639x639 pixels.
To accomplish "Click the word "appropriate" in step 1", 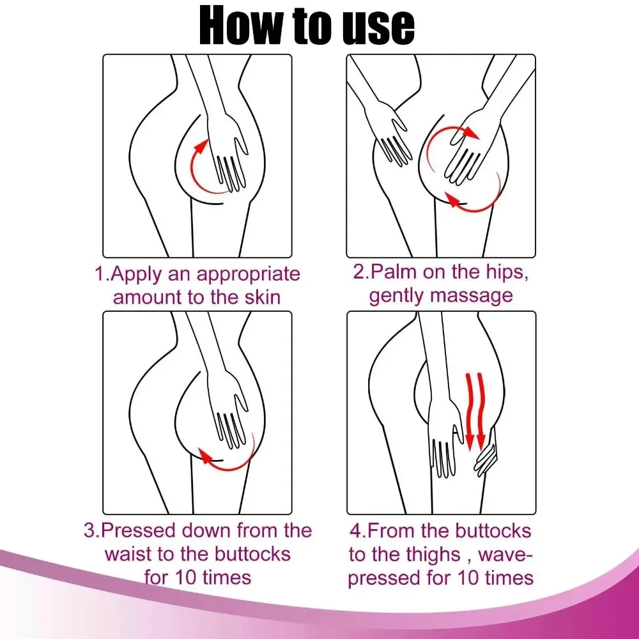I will pyautogui.click(x=248, y=275).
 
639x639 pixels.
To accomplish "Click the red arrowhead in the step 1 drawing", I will pyautogui.click(x=201, y=145).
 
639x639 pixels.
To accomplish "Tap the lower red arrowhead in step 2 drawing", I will pyautogui.click(x=452, y=201).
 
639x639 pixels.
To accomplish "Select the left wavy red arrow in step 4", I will pyautogui.click(x=469, y=409).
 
